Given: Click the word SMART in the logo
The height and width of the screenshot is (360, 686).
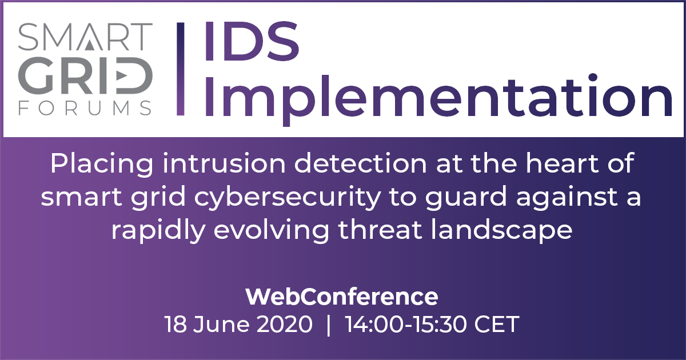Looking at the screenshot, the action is tap(85, 37).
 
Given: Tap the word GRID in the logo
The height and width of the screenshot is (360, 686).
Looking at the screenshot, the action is tap(85, 75).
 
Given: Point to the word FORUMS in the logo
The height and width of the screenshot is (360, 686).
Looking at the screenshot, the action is tap(85, 108).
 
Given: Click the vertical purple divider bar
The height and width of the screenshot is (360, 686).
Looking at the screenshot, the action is tap(181, 69).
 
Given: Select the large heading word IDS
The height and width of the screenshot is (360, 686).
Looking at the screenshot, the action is tap(252, 41).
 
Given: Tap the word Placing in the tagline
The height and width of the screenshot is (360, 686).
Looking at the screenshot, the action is tap(102, 165).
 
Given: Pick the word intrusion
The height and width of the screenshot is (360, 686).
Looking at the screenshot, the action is tap(224, 163).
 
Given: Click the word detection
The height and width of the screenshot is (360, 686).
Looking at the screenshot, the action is tap(360, 163).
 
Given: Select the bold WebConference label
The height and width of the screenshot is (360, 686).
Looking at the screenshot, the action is tap(342, 297).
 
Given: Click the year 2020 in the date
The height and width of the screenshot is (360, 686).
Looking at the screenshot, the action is tap(284, 324).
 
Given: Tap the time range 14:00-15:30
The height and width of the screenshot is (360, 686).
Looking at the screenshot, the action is tap(406, 324).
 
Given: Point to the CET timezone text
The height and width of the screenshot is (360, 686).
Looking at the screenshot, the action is tap(497, 324).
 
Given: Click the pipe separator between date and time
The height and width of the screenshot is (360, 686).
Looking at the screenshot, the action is tap(329, 325).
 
